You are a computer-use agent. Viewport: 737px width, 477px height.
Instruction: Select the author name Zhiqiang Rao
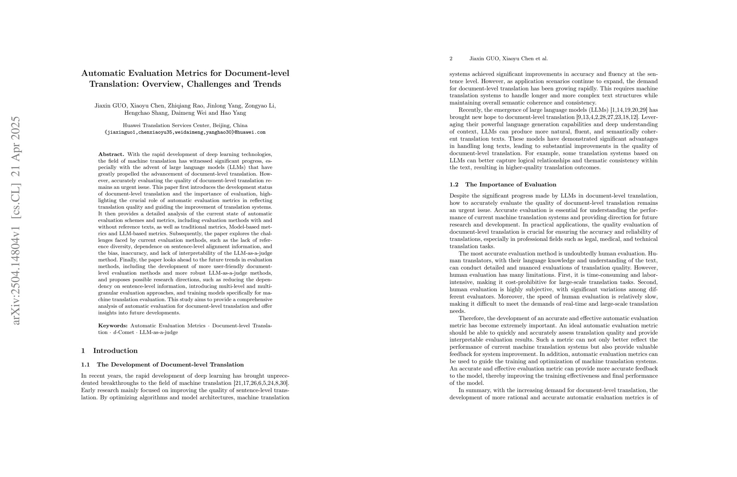click(x=185, y=106)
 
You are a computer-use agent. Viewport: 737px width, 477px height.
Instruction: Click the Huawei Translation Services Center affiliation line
click(x=185, y=126)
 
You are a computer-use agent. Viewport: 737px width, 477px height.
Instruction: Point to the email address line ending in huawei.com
click(x=185, y=132)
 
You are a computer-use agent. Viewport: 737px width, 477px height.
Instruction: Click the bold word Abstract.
click(x=111, y=154)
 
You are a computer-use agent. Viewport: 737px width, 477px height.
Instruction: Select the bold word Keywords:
click(x=113, y=326)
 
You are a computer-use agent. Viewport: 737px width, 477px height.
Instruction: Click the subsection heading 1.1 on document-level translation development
click(x=162, y=365)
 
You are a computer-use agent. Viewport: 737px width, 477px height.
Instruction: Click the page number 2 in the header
click(x=451, y=58)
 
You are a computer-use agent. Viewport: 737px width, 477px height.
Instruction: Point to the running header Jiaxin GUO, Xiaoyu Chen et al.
click(x=508, y=58)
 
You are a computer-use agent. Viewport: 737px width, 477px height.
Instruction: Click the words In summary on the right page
click(x=474, y=390)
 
